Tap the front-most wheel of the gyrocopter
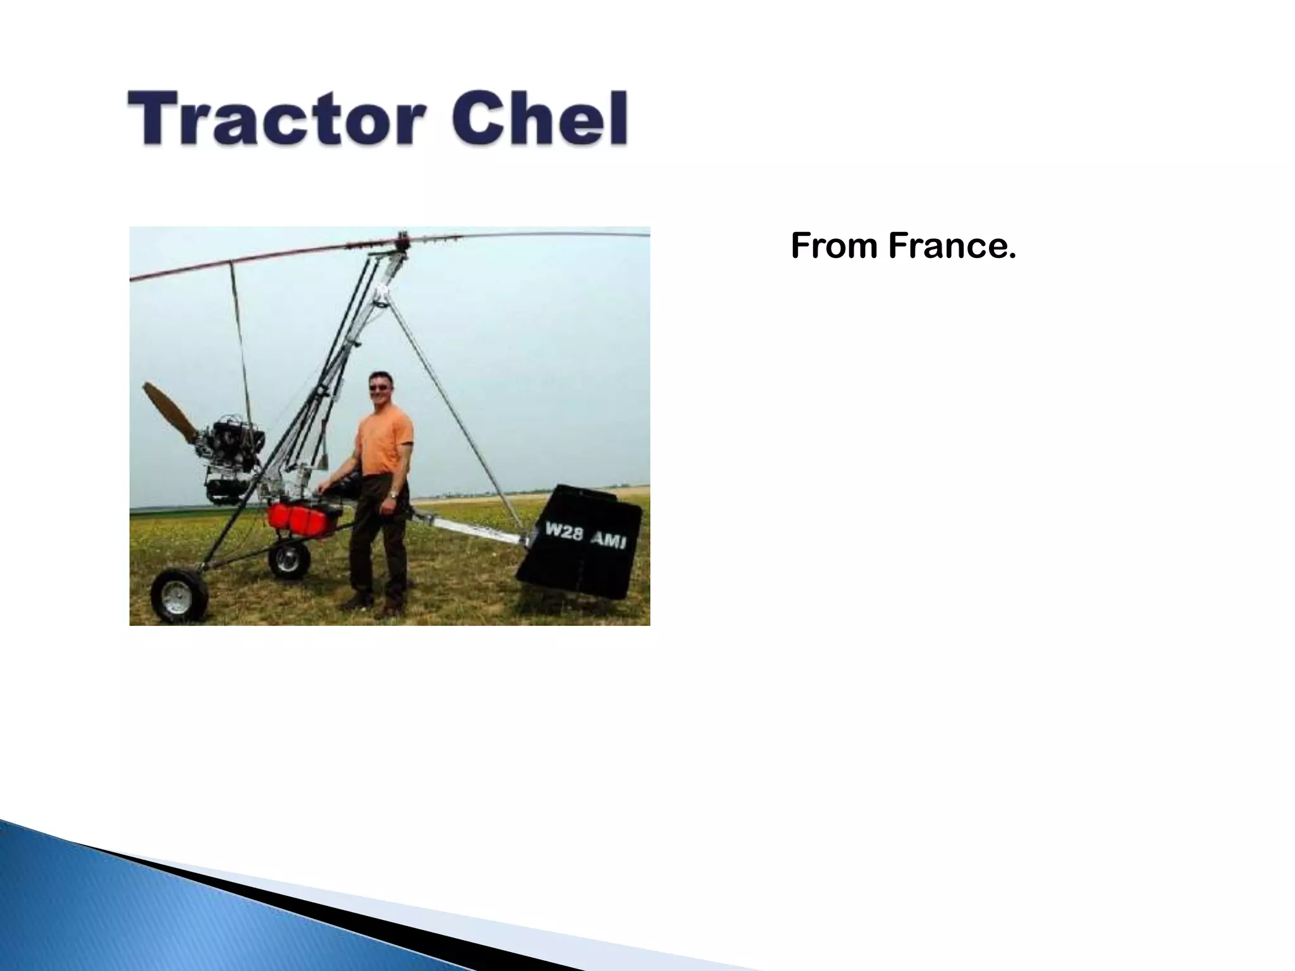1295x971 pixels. click(180, 595)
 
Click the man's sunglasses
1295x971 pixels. click(381, 387)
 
